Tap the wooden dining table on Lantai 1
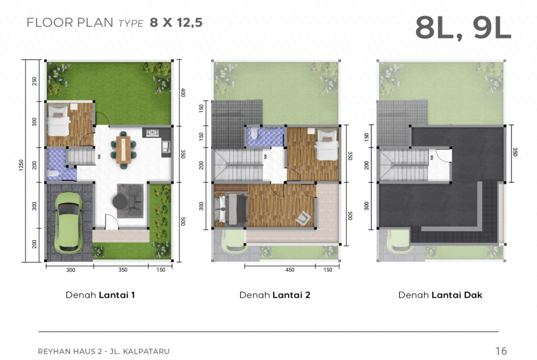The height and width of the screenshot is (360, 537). coord(123,150)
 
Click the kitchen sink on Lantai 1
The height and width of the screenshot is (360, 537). coord(166,147)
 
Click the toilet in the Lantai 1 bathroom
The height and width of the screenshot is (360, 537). coord(54,174)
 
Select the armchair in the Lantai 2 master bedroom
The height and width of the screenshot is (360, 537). coord(303,218)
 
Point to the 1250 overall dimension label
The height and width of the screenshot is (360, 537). coord(21,166)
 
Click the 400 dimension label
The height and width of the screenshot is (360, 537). coord(183,92)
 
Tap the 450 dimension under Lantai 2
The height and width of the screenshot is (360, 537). coord(290,270)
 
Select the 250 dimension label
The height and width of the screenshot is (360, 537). coord(34,81)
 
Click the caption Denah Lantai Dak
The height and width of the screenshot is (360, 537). coord(440,295)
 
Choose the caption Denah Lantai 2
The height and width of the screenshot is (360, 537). coord(274,295)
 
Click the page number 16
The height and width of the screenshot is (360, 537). coord(501,351)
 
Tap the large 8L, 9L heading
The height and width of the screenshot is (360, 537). coord(463,28)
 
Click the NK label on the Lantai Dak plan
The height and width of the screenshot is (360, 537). coord(431,157)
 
